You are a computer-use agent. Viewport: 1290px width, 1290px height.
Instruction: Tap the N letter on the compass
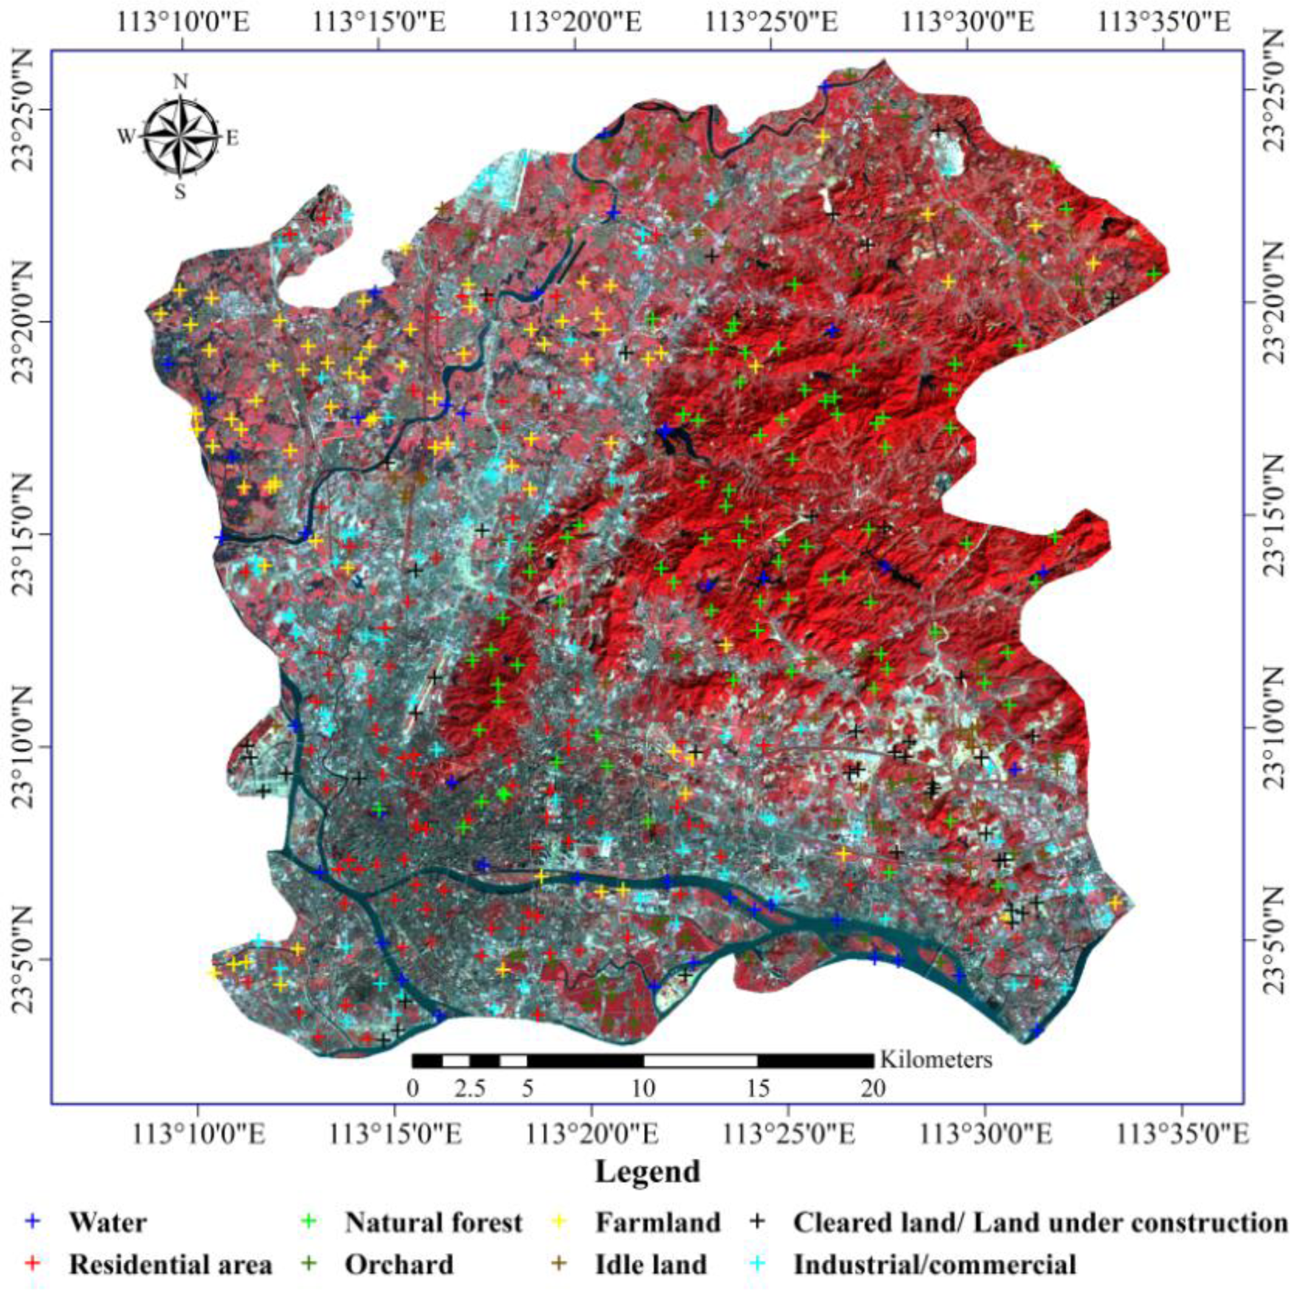180,82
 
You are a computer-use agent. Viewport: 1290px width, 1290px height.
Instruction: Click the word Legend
648,1171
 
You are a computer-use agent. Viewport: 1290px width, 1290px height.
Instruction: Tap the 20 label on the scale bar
873,1090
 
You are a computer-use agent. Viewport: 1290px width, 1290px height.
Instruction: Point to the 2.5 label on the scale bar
470,1090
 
